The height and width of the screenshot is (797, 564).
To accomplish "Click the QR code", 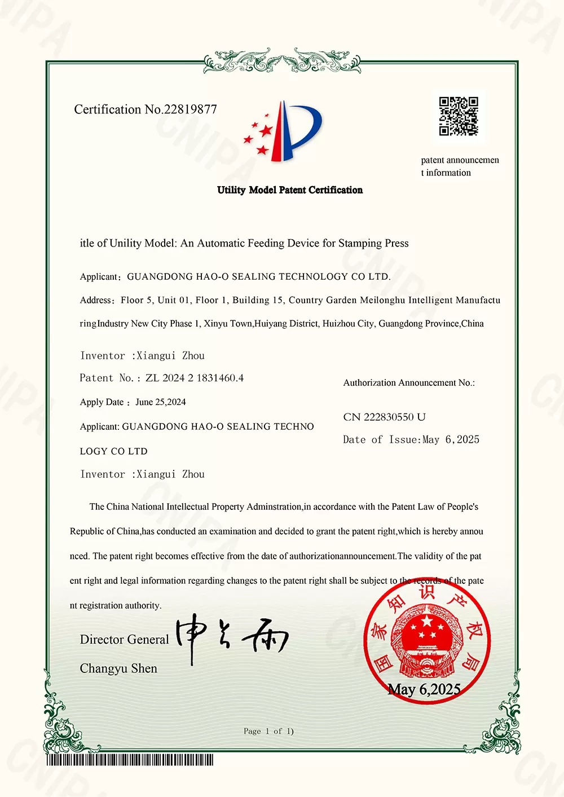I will coord(459,116).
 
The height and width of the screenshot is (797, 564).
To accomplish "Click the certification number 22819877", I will coord(190,109).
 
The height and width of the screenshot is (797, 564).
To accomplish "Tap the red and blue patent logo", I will coord(284,131).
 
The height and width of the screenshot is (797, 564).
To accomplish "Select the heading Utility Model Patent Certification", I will coord(290,190).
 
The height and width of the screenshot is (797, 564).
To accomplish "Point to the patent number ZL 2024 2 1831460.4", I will coord(195,378).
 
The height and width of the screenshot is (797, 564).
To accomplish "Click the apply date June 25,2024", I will coord(161,402).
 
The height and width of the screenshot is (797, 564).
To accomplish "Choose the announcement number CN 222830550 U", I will coord(384,417).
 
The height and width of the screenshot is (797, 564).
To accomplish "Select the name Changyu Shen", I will coord(118,668).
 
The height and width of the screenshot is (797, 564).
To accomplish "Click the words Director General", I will coord(124,640).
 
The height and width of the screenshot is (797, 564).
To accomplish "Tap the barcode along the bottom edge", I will coord(130,760).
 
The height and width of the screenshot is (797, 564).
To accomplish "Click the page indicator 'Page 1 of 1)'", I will coord(268,732).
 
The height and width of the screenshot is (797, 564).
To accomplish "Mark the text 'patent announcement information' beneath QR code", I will coord(460,166).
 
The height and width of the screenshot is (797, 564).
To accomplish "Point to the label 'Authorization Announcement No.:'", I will coord(409,383).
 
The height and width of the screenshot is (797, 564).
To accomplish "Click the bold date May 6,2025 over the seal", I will coord(424,689).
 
